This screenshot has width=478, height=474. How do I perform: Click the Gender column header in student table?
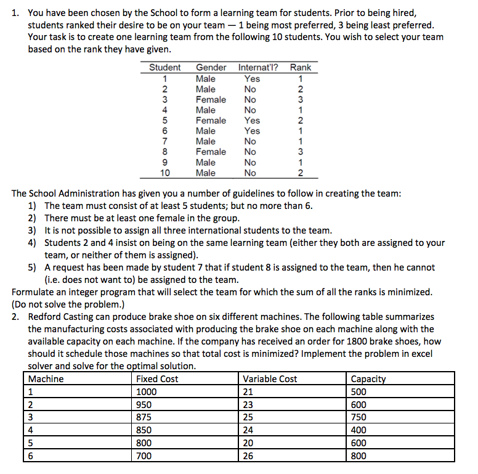(211, 67)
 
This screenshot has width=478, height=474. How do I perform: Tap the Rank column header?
(300, 67)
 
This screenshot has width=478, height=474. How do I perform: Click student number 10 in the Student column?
(165, 173)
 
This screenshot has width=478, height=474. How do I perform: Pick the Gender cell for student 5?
(211, 120)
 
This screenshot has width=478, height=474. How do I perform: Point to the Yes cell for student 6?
(252, 131)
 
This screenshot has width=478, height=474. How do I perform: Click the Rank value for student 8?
(300, 152)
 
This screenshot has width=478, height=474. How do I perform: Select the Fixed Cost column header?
(157, 379)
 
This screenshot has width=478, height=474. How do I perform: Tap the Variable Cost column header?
(270, 379)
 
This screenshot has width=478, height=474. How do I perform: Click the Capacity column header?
(368, 379)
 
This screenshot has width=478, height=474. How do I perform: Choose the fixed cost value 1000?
(147, 392)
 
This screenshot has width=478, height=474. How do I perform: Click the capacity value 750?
(358, 417)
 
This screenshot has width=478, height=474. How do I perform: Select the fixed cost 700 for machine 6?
(144, 456)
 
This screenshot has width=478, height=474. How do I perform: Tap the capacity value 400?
(358, 430)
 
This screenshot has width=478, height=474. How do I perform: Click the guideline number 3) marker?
(33, 231)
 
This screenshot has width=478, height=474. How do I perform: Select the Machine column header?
(46, 379)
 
